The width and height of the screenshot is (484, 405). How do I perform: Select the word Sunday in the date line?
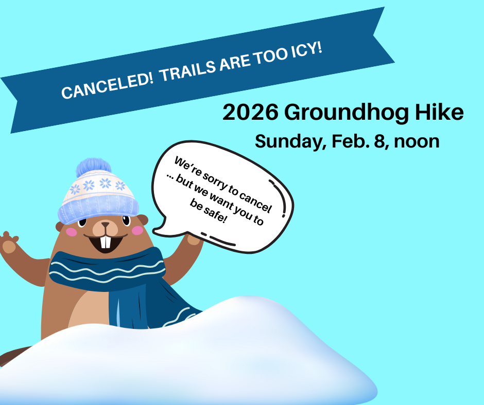(287, 141)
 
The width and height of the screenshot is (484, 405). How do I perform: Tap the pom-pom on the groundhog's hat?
(94, 168)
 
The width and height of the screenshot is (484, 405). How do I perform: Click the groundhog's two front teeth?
(106, 242)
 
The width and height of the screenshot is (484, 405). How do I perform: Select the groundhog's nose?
(106, 226)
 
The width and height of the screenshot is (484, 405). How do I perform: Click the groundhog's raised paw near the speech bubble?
(194, 238)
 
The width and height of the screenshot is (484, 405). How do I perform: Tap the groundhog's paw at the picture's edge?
(9, 243)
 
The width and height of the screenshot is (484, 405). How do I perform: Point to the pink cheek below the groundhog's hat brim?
(72, 232)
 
